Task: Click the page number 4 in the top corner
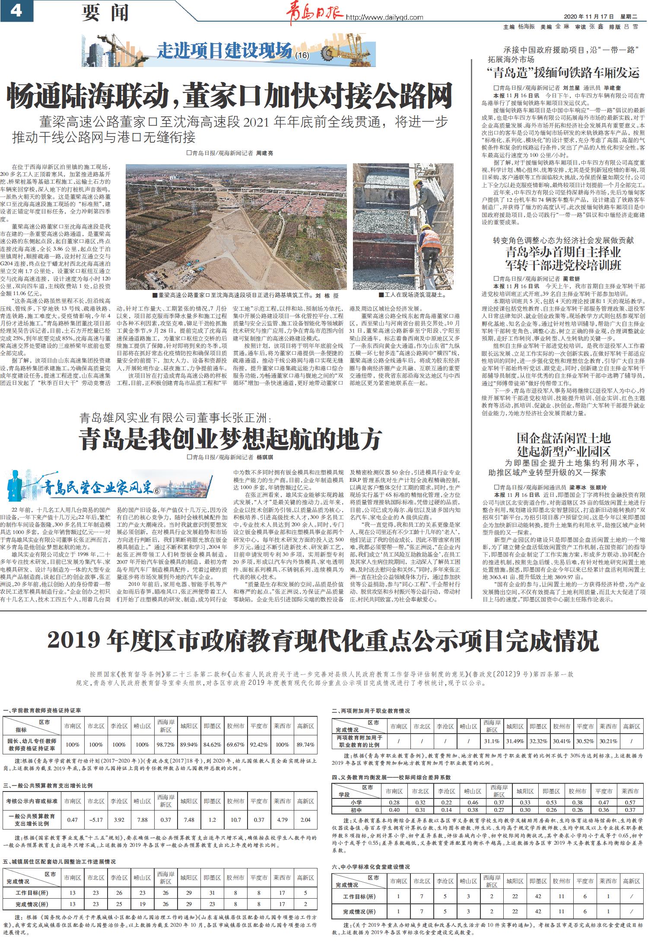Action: pyautogui.click(x=16, y=10)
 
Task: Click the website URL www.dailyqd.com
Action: pyautogui.click(x=384, y=17)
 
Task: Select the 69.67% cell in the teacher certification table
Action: pyautogui.click(x=235, y=744)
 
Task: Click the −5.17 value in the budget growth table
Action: pyautogui.click(x=95, y=820)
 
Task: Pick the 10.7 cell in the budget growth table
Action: pyautogui.click(x=235, y=820)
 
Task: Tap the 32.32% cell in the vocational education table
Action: pyautogui.click(x=538, y=741)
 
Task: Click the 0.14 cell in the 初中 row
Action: pyautogui.click(x=447, y=810)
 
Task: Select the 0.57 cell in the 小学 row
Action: pyautogui.click(x=630, y=802)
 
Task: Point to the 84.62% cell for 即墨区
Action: pyautogui.click(x=212, y=744)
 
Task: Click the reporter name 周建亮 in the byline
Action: pyautogui.click(x=264, y=153)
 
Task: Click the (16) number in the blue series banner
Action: pyautogui.click(x=302, y=55)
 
